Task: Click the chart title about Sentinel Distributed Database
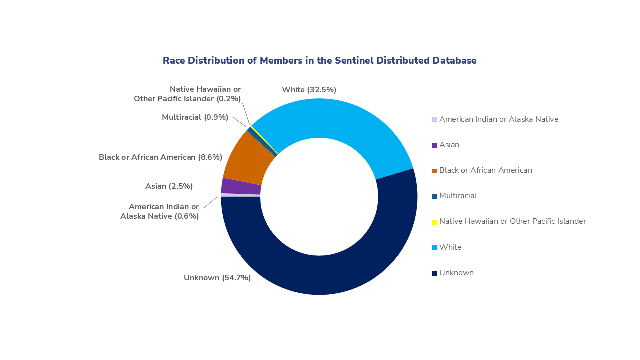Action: pos(319,61)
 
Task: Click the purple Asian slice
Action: pos(241,186)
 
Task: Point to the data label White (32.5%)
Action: pos(309,90)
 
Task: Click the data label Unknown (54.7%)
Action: pos(217,278)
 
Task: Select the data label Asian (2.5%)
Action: pos(169,186)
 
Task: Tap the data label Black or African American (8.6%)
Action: pos(160,157)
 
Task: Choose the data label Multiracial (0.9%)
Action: pos(195,117)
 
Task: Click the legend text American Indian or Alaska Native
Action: pos(498,119)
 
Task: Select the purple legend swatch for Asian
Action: pos(435,145)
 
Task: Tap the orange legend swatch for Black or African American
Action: pos(435,171)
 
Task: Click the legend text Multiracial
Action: pos(458,196)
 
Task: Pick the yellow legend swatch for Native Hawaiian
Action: pos(435,222)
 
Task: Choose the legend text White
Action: pos(450,247)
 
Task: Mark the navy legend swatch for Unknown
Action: pos(435,273)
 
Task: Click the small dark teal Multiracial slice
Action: pos(262,142)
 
